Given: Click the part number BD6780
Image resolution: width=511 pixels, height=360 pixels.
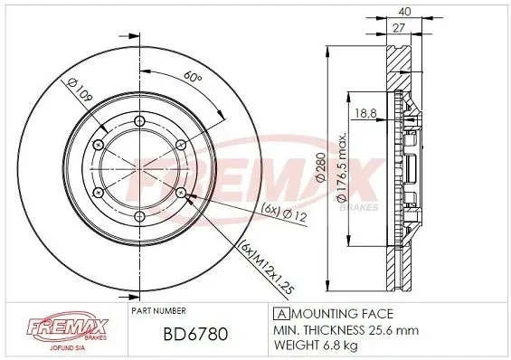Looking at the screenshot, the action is pyautogui.click(x=195, y=334).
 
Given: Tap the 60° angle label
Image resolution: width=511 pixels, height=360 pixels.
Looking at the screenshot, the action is pyautogui.click(x=193, y=77).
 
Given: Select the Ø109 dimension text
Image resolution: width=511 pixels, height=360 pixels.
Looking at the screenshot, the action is pyautogui.click(x=80, y=90).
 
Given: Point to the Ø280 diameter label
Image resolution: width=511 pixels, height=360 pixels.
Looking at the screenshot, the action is pyautogui.click(x=321, y=166).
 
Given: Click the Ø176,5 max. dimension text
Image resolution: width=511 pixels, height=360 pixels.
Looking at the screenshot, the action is pyautogui.click(x=341, y=166).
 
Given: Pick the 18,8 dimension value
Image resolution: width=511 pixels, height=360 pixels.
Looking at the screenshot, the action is pyautogui.click(x=365, y=113).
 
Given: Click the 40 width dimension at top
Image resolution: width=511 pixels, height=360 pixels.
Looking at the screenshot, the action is pyautogui.click(x=404, y=12).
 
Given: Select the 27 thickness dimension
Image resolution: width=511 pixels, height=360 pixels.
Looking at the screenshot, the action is pyautogui.click(x=398, y=28).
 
